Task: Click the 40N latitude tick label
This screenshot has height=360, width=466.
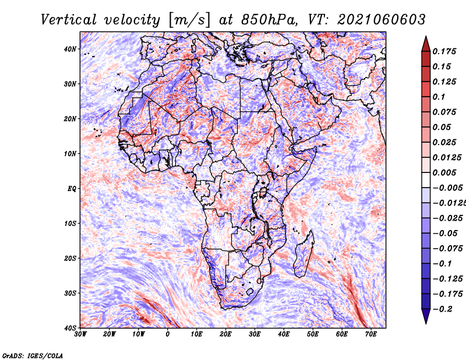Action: (70, 49)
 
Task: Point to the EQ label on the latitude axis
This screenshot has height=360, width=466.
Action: (72, 189)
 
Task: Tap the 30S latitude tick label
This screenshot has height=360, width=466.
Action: (70, 293)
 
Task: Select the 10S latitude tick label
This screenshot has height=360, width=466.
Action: (70, 223)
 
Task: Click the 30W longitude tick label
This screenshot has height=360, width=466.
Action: (80, 334)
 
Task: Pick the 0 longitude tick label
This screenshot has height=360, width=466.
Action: (168, 334)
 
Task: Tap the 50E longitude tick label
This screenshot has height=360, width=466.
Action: (313, 334)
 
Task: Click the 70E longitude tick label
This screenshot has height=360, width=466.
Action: (370, 334)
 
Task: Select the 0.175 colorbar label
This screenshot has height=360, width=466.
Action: (444, 51)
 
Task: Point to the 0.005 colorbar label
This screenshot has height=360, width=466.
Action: (444, 172)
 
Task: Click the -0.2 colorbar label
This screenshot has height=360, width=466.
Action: (443, 309)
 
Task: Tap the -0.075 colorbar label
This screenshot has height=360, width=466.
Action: (448, 249)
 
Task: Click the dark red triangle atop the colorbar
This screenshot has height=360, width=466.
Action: (426, 44)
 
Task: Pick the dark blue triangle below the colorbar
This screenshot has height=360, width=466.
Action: (426, 316)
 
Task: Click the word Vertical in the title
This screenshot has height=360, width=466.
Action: (69, 20)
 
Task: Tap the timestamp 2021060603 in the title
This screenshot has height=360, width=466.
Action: (382, 20)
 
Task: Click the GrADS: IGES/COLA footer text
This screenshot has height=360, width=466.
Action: (33, 356)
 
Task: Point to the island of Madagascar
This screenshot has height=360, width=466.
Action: (303, 255)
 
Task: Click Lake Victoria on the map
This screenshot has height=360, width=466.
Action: (263, 192)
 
